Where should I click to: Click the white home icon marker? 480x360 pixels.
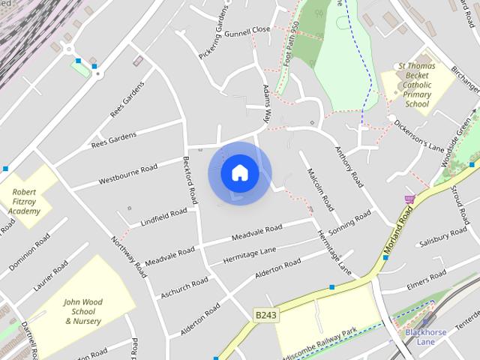239,173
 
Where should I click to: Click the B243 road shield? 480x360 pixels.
265,315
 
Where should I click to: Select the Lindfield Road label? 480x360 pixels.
163,217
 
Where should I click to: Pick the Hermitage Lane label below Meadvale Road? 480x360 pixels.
250,255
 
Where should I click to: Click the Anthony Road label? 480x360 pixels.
349,166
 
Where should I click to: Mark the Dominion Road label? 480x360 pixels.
29,253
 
